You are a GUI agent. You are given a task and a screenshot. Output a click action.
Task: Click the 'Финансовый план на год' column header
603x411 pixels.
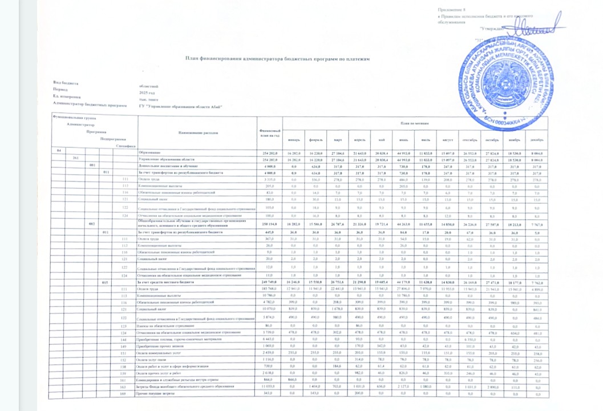click(x=269, y=134)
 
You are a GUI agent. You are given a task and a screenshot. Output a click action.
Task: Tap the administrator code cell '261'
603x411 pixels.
click(x=76, y=157)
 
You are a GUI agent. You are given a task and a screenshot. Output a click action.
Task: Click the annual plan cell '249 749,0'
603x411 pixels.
click(x=269, y=283)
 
